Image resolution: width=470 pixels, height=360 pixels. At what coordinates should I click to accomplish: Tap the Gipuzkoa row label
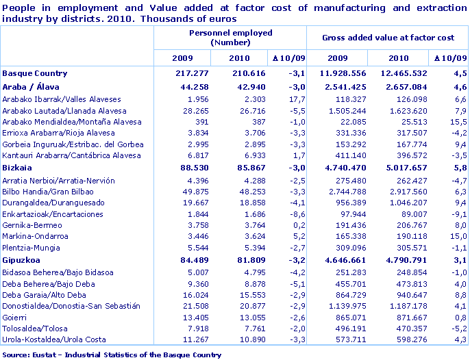click(x=23, y=260)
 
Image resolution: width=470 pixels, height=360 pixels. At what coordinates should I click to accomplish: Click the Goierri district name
click(x=15, y=318)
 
